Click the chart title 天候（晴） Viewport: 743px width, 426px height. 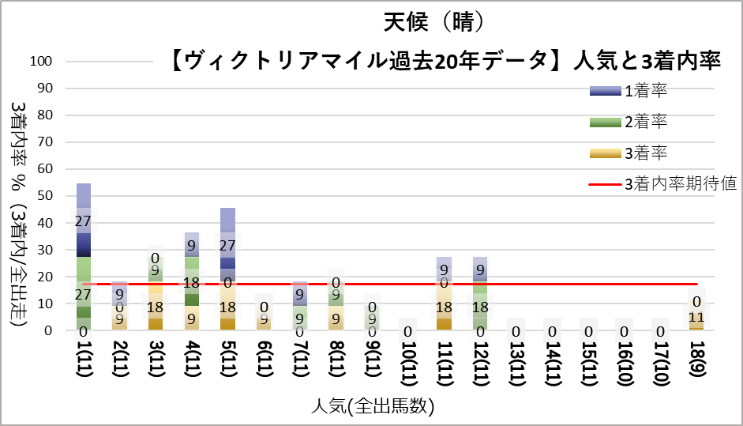[433, 22]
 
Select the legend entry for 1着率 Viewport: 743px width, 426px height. [629, 91]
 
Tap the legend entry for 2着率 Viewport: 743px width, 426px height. [629, 122]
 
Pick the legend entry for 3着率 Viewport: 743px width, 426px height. [629, 153]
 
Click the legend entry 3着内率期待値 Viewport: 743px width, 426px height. [662, 183]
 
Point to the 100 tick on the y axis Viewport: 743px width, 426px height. [41, 61]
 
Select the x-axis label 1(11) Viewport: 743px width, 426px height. [84, 359]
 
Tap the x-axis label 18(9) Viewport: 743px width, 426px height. [696, 359]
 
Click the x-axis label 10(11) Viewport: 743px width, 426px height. [407, 363]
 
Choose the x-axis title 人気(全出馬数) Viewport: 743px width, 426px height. [373, 406]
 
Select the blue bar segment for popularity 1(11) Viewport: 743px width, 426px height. [84, 221]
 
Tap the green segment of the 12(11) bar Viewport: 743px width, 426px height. [480, 306]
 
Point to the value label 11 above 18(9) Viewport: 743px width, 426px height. [696, 317]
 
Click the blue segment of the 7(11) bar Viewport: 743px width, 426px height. [299, 293]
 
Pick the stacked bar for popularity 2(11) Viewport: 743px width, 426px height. [119, 306]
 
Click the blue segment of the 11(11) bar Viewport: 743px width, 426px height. [444, 269]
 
